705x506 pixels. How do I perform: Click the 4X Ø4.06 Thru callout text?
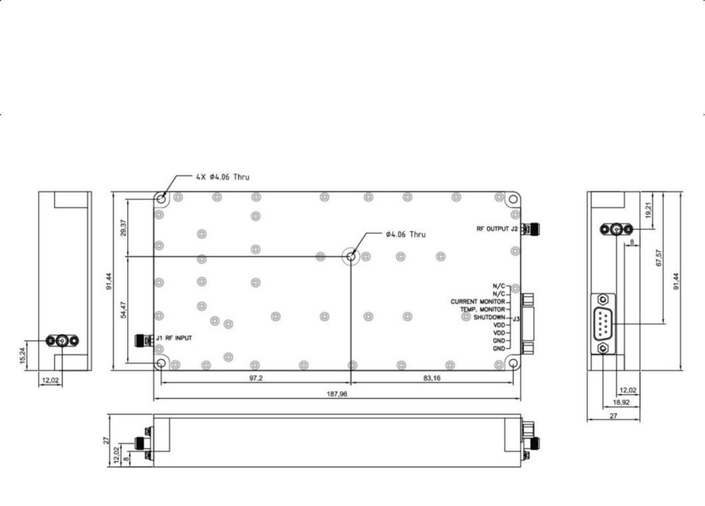click(223, 177)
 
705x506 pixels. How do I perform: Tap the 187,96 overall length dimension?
click(337, 394)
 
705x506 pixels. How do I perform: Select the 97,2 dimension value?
click(256, 378)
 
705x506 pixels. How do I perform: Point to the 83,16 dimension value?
click(432, 378)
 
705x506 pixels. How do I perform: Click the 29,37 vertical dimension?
click(124, 228)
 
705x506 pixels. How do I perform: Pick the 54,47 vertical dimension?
click(124, 310)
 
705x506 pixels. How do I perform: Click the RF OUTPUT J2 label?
click(497, 228)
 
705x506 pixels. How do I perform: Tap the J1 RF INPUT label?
click(174, 338)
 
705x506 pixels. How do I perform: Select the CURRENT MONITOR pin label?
click(478, 302)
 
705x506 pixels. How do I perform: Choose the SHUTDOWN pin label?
click(490, 318)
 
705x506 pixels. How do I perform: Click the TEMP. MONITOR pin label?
click(482, 310)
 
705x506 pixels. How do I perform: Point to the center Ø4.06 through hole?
click(351, 256)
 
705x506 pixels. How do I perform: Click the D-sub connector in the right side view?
click(603, 324)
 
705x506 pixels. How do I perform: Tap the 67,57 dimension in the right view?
click(659, 258)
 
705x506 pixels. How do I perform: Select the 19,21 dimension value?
click(648, 210)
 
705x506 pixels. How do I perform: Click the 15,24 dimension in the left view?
click(23, 356)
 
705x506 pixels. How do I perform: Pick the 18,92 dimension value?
click(621, 402)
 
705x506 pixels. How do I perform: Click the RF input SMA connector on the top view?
click(144, 340)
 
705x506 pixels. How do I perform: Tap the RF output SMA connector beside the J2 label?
click(531, 229)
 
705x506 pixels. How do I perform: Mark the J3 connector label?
click(516, 319)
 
